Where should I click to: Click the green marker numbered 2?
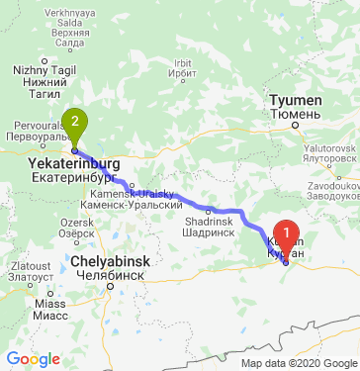pyautogui.click(x=73, y=124)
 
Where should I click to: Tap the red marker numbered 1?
pyautogui.click(x=287, y=237)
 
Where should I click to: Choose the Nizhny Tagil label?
pyautogui.click(x=38, y=70)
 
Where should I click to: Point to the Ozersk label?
pyautogui.click(x=76, y=224)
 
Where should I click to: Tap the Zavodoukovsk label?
pyautogui.click(x=329, y=182)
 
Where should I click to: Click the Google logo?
pyautogui.click(x=33, y=358)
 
